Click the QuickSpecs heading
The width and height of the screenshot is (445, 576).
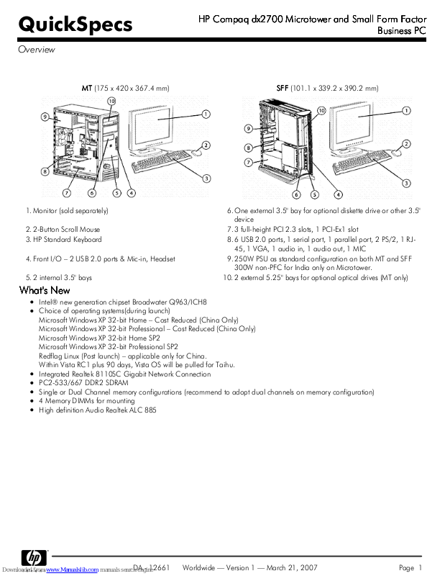(x=75, y=25)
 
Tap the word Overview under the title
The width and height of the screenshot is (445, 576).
(x=36, y=50)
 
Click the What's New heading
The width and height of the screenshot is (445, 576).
(x=44, y=289)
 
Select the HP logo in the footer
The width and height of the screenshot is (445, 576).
(x=34, y=558)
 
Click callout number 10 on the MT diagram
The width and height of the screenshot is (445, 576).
(x=111, y=101)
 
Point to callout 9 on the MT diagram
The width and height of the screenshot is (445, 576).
(x=45, y=116)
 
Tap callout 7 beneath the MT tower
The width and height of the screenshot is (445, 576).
(x=66, y=193)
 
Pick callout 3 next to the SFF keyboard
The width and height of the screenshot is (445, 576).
(x=406, y=183)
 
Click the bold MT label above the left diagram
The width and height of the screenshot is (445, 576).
(x=87, y=88)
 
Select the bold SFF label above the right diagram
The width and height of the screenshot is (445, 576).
(x=283, y=88)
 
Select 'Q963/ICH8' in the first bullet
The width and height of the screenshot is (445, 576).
(x=188, y=302)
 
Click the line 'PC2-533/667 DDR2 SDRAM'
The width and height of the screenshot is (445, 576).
(x=83, y=383)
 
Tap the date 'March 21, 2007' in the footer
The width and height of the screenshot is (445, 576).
(x=292, y=568)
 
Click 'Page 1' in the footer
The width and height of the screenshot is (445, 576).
(x=410, y=568)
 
